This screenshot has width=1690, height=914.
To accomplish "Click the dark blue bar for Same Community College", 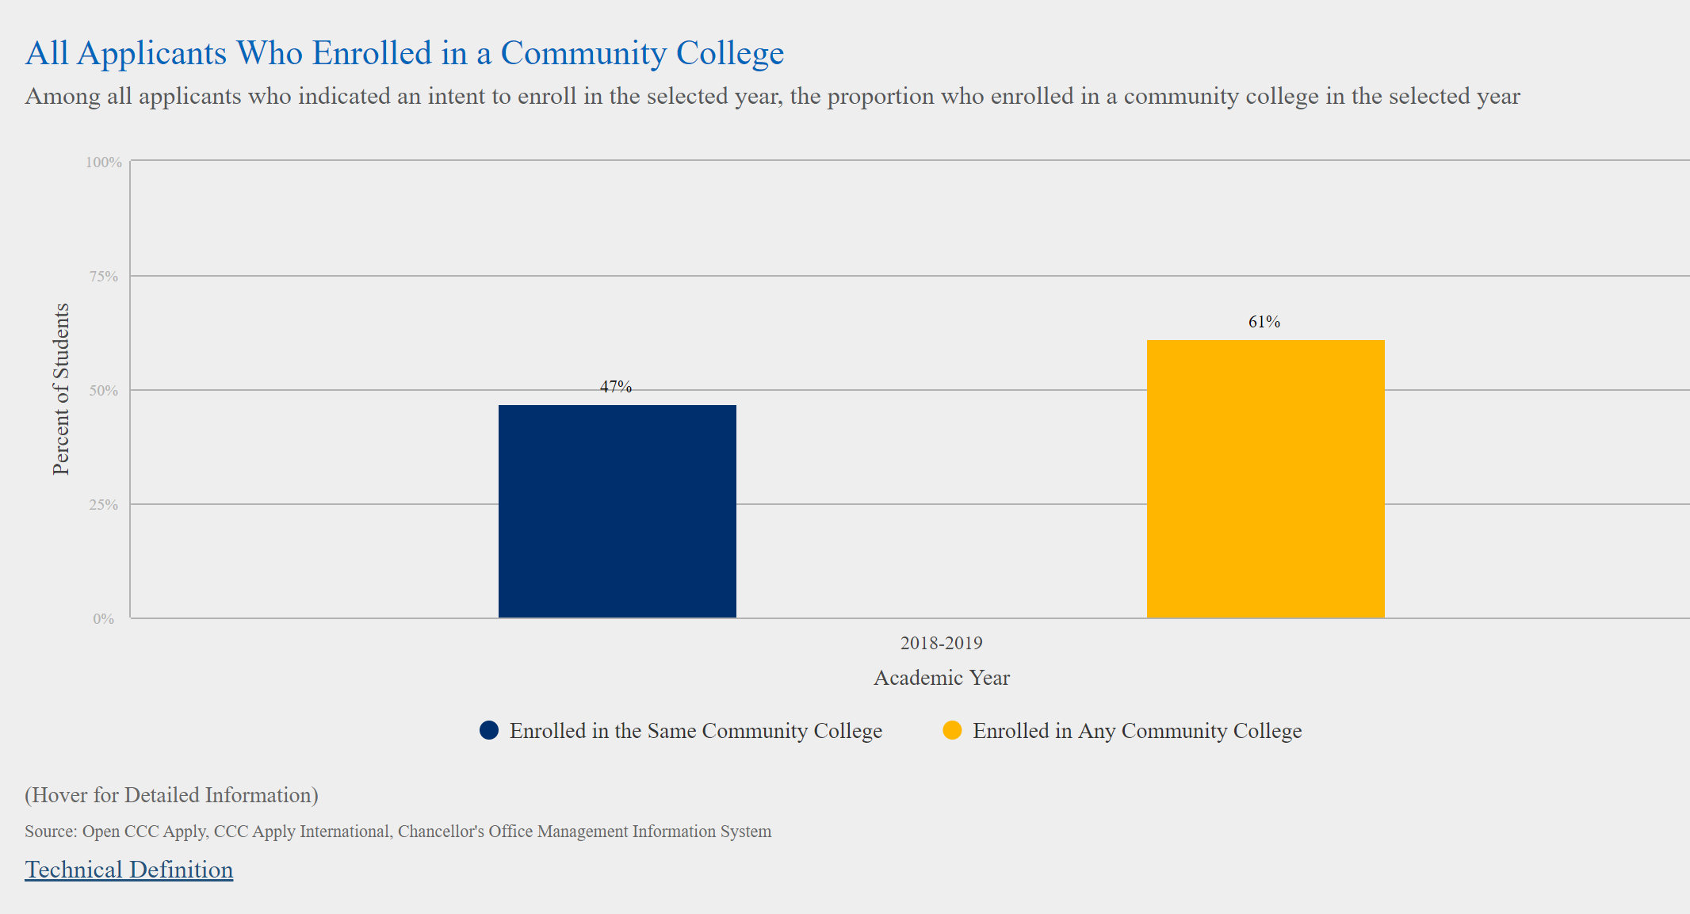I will tap(617, 511).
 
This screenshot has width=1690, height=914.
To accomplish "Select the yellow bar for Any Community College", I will tap(1265, 479).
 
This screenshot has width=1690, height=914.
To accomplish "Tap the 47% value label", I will tap(616, 387).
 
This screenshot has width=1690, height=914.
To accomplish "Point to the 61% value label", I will tap(1264, 322).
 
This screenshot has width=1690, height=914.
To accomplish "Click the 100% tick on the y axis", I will tap(104, 163).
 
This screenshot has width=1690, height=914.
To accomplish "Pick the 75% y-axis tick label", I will tap(104, 277).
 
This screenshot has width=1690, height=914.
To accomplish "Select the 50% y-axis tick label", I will tap(104, 391).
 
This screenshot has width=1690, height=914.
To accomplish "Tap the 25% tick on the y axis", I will tap(104, 505).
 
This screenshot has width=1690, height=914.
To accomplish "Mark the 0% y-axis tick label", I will tap(104, 619).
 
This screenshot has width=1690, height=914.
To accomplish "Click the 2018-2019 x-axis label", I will tap(941, 643).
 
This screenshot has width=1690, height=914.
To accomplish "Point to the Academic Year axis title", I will tap(941, 678).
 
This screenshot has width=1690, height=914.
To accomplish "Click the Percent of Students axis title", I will tap(61, 389).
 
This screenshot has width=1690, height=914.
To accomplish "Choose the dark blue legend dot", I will tap(489, 730).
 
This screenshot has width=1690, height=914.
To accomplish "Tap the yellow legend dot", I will tap(952, 730).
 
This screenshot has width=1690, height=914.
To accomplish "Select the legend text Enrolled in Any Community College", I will tap(1137, 731).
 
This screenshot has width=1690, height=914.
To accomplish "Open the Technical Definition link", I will tap(129, 870).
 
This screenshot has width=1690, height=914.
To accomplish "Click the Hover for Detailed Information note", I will tap(171, 795).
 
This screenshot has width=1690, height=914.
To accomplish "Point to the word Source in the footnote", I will tap(50, 832).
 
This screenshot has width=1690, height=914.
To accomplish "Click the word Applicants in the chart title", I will tap(151, 53).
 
